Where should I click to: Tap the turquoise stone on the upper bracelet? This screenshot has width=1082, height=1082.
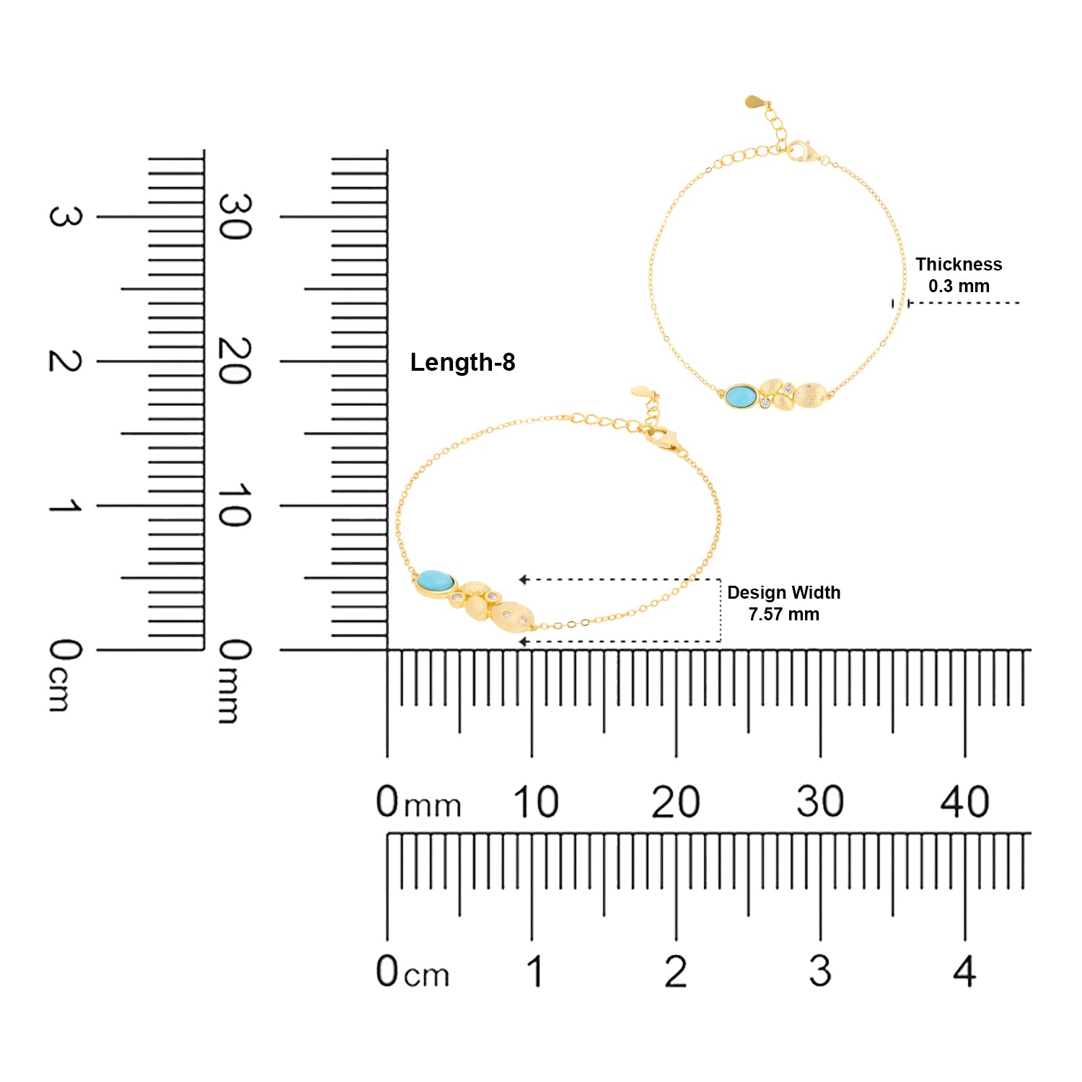741,396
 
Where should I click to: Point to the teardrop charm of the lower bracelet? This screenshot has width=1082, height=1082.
643,392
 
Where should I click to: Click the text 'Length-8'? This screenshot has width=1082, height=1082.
462,362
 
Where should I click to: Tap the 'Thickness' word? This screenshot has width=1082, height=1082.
959,264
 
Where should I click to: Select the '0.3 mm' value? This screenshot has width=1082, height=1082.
959,286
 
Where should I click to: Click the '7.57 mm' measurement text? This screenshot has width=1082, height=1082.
783,615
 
